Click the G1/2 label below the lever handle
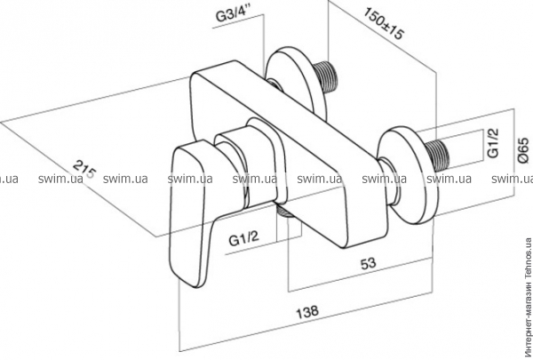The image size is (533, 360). (243, 239)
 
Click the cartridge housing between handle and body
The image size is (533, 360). (249, 164)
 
